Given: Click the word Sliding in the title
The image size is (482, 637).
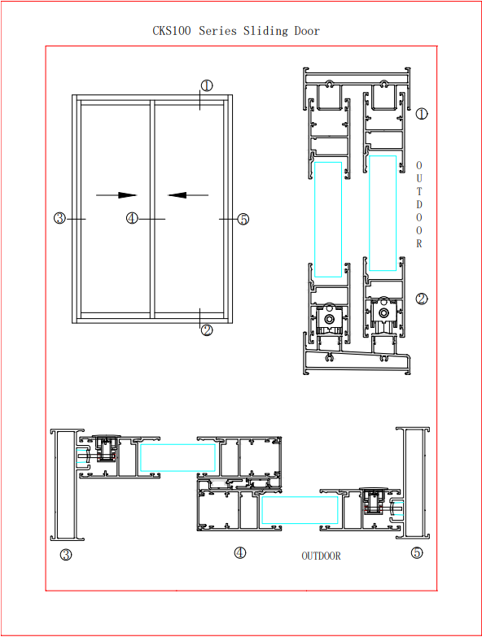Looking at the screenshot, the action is click(x=265, y=31).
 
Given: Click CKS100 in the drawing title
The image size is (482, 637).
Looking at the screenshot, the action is click(x=172, y=31).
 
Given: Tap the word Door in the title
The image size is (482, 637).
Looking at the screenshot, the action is click(x=307, y=31).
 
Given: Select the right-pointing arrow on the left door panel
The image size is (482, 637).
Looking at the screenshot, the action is click(x=116, y=195).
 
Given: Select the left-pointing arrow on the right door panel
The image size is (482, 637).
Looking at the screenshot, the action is click(x=188, y=195).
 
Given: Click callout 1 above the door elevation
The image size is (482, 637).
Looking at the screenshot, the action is click(x=207, y=85).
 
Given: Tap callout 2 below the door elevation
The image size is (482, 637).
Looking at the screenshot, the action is click(x=207, y=329).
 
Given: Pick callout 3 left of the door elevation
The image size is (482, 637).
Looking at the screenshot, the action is click(x=59, y=218).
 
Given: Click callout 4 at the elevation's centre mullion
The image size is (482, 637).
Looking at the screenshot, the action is click(x=132, y=218).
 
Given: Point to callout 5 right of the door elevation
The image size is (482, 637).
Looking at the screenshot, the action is click(x=243, y=220).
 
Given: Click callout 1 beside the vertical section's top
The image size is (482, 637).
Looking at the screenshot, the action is click(x=422, y=114).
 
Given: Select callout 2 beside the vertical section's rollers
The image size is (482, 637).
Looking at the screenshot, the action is click(x=422, y=299).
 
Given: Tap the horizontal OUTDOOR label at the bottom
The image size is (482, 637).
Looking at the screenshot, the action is click(x=321, y=556).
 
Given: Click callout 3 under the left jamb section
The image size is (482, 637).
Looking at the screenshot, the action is click(x=66, y=554).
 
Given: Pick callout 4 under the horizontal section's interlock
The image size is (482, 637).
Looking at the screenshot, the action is click(x=240, y=552).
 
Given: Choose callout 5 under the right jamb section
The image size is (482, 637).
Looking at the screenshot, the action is click(x=417, y=552).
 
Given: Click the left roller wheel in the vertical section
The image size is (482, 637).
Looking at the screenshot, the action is click(x=329, y=319).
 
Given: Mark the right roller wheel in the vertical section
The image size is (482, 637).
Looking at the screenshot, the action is click(x=383, y=313).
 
